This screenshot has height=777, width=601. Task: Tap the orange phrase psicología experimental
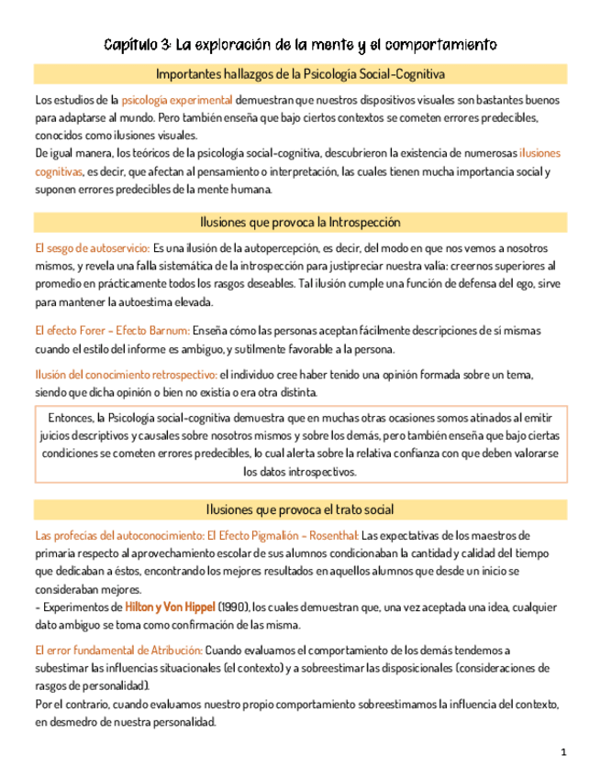click(x=177, y=99)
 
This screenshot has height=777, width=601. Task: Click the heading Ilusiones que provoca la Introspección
click(x=301, y=222)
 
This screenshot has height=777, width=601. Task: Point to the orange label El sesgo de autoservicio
click(x=91, y=248)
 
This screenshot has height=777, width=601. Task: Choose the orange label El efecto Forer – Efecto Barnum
click(x=112, y=330)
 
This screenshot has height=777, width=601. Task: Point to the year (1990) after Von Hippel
click(x=233, y=607)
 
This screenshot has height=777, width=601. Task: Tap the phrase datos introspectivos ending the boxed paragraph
click(x=299, y=472)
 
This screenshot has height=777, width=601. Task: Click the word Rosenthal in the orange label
click(x=328, y=535)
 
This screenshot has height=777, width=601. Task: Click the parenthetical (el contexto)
click(x=291, y=668)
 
